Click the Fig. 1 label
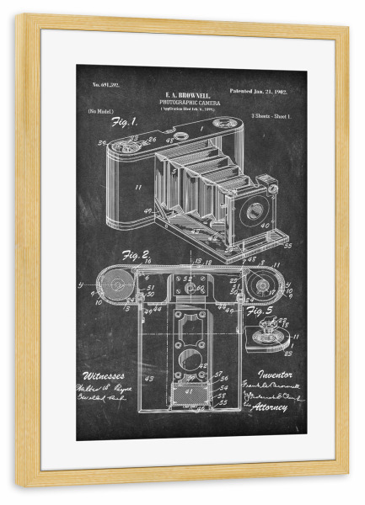click(x=123, y=123)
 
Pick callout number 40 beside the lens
click(x=265, y=226)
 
